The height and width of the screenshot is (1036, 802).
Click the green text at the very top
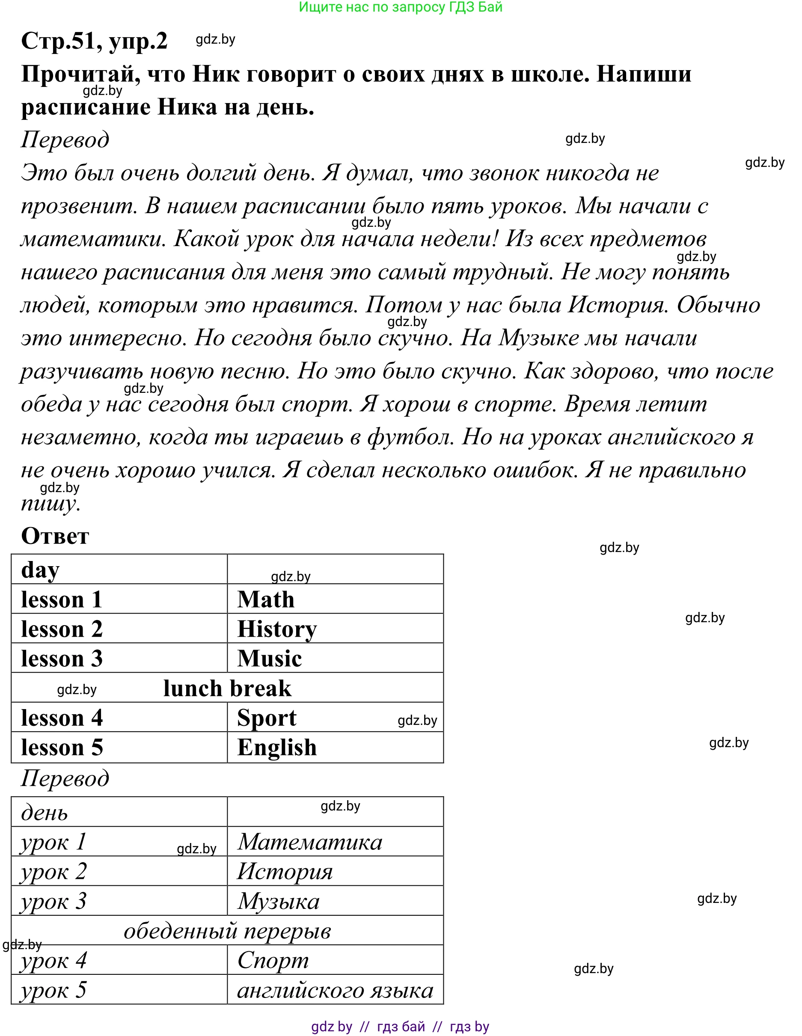pyautogui.click(x=400, y=7)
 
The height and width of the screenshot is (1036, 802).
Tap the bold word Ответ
pyautogui.click(x=55, y=536)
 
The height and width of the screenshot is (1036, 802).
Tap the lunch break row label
pyautogui.click(x=227, y=688)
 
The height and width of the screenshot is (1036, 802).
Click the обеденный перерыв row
pyautogui.click(x=227, y=931)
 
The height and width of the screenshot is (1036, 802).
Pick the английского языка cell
pyautogui.click(x=335, y=990)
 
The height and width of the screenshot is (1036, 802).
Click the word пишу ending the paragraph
pyautogui.click(x=50, y=503)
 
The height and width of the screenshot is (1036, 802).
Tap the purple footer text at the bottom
pyautogui.click(x=400, y=1027)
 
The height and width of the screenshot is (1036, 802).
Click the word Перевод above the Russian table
pyautogui.click(x=65, y=778)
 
